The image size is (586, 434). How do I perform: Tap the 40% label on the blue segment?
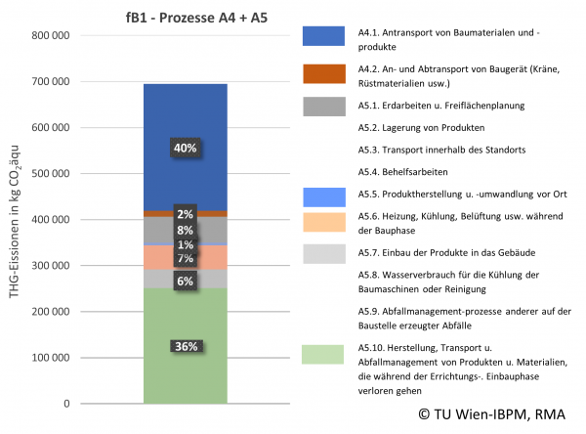pyautogui.click(x=186, y=148)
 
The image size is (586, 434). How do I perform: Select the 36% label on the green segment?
pyautogui.click(x=186, y=346)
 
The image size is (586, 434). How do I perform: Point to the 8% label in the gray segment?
pyautogui.click(x=186, y=231)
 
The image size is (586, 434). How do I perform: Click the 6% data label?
pyautogui.click(x=186, y=281)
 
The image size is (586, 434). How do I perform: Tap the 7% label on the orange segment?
pyautogui.click(x=186, y=258)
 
